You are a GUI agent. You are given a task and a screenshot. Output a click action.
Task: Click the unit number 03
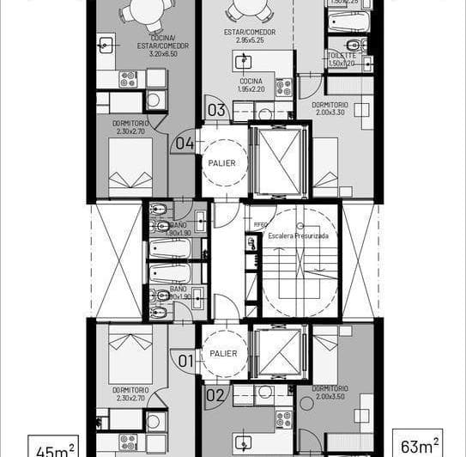click(x=216, y=110)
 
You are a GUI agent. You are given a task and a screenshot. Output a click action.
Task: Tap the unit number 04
click(x=185, y=143)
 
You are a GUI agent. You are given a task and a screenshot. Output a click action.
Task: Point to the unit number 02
click(x=215, y=395)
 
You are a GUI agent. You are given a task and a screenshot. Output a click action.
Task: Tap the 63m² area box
click(x=417, y=444)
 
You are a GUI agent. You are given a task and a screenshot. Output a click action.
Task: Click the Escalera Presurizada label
click(x=299, y=235)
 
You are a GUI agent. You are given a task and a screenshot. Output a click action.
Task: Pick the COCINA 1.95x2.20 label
click(x=252, y=85)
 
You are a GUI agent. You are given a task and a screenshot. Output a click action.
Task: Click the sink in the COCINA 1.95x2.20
click(x=244, y=61)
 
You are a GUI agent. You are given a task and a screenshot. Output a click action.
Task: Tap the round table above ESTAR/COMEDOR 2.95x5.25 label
click(x=250, y=8)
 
